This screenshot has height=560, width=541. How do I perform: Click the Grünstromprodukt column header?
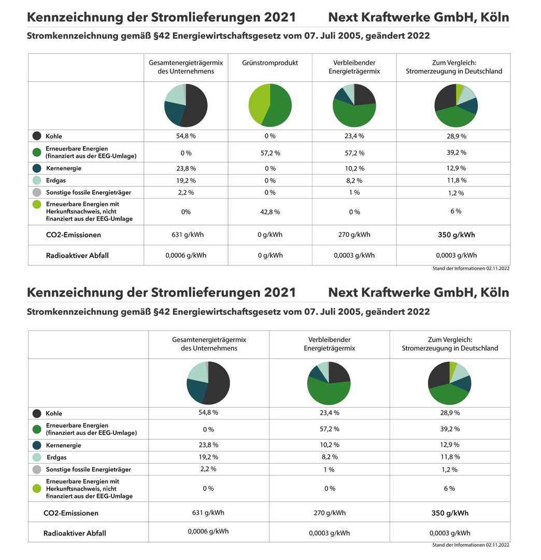pyautogui.click(x=270, y=63)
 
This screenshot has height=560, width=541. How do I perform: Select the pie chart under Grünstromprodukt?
pyautogui.click(x=270, y=105)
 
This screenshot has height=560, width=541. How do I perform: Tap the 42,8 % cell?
pyautogui.click(x=270, y=212)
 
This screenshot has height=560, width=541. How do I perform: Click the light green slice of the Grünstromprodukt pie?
pyautogui.click(x=258, y=104)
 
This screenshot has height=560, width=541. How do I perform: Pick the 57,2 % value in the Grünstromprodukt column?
pyautogui.click(x=270, y=153)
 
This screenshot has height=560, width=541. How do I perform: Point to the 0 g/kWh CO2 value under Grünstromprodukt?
pyautogui.click(x=270, y=235)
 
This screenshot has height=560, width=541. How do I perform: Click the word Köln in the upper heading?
pyautogui.click(x=494, y=17)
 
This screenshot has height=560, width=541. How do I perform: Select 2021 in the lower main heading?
pyautogui.click(x=280, y=292)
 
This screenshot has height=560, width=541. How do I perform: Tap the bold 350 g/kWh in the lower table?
pyautogui.click(x=450, y=513)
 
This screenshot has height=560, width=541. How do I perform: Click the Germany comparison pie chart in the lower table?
pyautogui.click(x=450, y=383)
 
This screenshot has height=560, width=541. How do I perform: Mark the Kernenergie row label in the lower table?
pyautogui.click(x=64, y=445)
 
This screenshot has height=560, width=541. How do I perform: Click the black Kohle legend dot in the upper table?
pyautogui.click(x=37, y=136)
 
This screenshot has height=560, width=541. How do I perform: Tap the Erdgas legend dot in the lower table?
pyautogui.click(x=37, y=457)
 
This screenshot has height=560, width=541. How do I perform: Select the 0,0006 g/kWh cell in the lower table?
pyautogui.click(x=208, y=531)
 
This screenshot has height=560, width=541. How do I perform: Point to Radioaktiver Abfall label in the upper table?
pyautogui.click(x=77, y=255)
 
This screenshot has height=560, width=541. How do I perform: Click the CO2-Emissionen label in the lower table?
pyautogui.click(x=70, y=513)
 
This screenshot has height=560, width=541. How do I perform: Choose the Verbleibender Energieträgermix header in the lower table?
pyautogui.click(x=330, y=344)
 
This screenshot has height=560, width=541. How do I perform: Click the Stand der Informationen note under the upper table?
pyautogui.click(x=471, y=268)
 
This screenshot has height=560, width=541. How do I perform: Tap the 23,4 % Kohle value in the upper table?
pyautogui.click(x=354, y=136)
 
